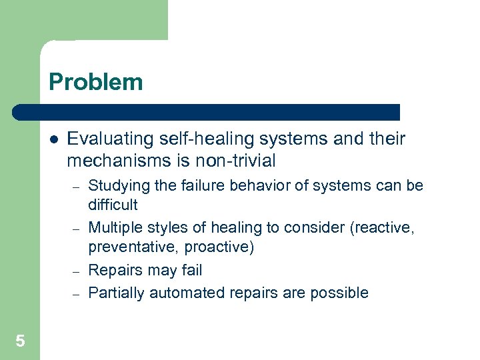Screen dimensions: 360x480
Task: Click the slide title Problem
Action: click(95, 82)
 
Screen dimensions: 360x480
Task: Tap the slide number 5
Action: click(20, 341)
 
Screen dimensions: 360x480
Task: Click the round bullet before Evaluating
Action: click(53, 140)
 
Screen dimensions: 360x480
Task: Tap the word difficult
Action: click(113, 205)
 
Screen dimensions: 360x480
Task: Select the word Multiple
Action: click(113, 227)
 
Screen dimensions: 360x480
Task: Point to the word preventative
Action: click(125, 248)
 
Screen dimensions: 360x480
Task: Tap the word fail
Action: click(190, 270)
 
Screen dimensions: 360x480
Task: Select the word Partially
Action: click(117, 293)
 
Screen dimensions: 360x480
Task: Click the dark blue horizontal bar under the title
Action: click(207, 111)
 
